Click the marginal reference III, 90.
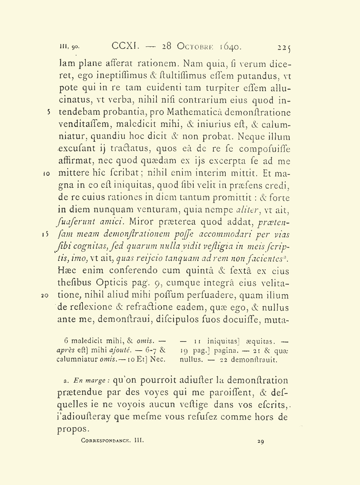[70, 46]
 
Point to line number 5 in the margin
[50, 112]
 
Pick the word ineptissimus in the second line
[118, 76]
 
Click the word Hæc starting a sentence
[66, 271]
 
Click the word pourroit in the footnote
[153, 381]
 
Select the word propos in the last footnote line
[72, 429]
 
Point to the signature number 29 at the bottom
[261, 441]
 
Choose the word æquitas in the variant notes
[257, 341]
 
